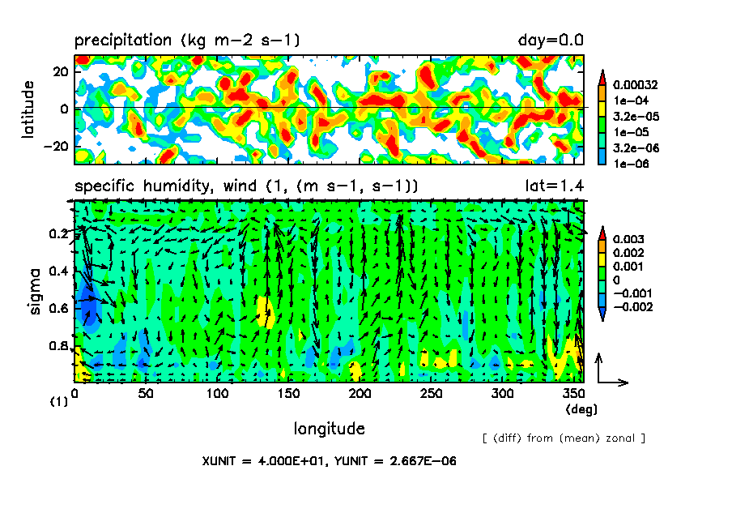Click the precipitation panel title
187,40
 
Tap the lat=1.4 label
554,186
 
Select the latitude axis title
28,109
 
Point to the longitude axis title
329,428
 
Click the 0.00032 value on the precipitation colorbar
635,84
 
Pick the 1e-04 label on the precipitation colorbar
628,100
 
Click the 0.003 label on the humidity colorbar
628,239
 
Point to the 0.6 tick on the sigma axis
59,309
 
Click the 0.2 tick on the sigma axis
59,234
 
